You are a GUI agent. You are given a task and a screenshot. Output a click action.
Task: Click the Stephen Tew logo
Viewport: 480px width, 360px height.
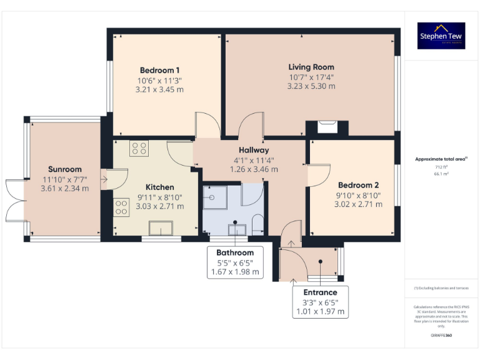point(441,36)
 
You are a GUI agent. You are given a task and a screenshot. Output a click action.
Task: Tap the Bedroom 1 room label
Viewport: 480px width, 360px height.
point(160,70)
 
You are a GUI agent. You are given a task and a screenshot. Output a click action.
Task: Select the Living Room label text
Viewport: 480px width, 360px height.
point(311,67)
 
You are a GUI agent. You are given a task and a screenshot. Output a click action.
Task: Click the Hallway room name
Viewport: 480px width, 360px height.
point(254,150)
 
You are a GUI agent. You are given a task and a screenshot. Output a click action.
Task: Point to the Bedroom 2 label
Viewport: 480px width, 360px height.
point(358,185)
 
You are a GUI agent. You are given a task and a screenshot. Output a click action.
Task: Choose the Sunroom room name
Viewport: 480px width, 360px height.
point(65,169)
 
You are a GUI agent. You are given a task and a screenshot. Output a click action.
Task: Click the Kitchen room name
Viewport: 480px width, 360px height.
point(160,187)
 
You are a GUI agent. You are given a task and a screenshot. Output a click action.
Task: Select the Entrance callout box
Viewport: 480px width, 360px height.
point(320,301)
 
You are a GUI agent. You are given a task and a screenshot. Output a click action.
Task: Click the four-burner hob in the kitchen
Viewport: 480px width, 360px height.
point(138,149)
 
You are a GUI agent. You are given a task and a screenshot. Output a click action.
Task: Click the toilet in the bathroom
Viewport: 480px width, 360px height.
point(257,224)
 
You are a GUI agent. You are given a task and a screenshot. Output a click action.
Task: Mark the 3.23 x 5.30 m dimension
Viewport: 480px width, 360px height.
point(311,86)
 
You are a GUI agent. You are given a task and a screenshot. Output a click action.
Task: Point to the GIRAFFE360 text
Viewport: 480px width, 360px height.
point(441,336)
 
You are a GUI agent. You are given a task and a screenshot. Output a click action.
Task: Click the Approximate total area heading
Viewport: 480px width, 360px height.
point(441,159)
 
